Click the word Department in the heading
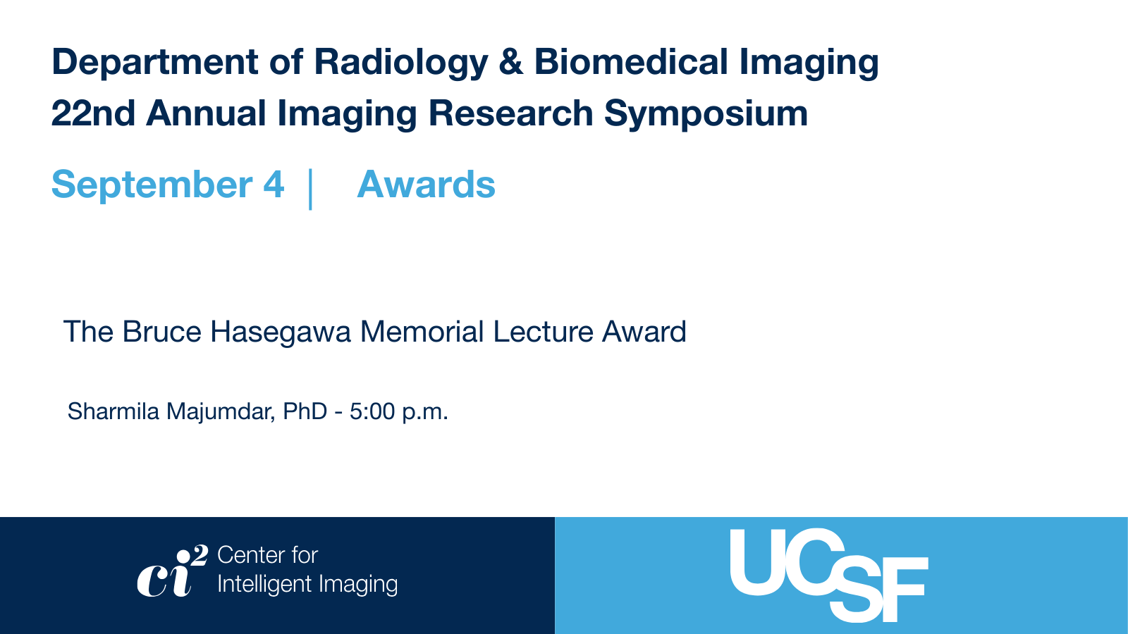tap(154, 63)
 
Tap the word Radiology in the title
tap(401, 63)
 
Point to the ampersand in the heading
tap(511, 62)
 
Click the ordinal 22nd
tap(93, 113)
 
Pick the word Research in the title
tap(510, 113)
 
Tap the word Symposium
tap(706, 114)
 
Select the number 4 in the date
tap(274, 184)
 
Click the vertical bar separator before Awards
tap(310, 189)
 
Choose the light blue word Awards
tap(426, 184)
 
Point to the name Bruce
tap(161, 332)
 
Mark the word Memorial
tap(422, 332)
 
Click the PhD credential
tap(305, 411)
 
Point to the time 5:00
tap(372, 411)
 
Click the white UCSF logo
tap(829, 575)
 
